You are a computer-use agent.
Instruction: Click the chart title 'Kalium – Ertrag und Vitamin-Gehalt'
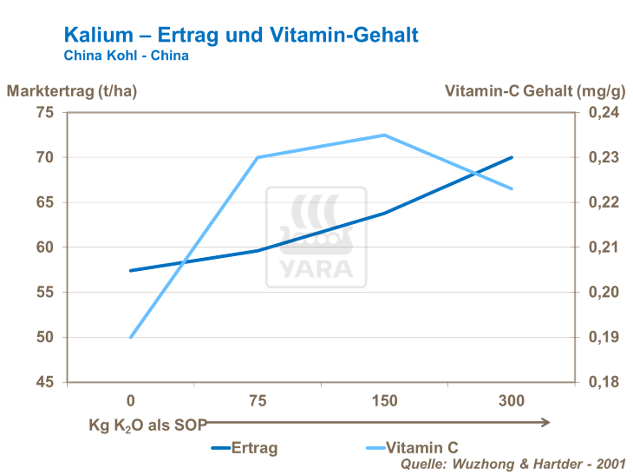(x=241, y=35)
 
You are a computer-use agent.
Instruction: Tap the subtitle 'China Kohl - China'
(x=127, y=56)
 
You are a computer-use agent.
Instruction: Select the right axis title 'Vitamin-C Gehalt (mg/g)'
(x=534, y=90)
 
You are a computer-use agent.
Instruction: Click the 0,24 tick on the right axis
(x=604, y=113)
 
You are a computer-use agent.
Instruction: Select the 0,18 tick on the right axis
(x=604, y=382)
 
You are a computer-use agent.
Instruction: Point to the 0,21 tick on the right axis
(x=604, y=247)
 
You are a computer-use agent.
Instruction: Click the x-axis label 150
(x=384, y=401)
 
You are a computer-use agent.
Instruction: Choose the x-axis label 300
(x=512, y=401)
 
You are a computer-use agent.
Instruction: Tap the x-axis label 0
(x=130, y=401)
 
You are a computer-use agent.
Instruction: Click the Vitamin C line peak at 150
(x=384, y=135)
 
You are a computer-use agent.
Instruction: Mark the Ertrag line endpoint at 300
(x=512, y=157)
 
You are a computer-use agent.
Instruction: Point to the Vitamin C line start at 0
(x=130, y=337)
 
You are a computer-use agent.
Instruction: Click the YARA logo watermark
(x=316, y=236)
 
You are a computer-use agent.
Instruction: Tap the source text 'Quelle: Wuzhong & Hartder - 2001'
(x=512, y=465)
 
